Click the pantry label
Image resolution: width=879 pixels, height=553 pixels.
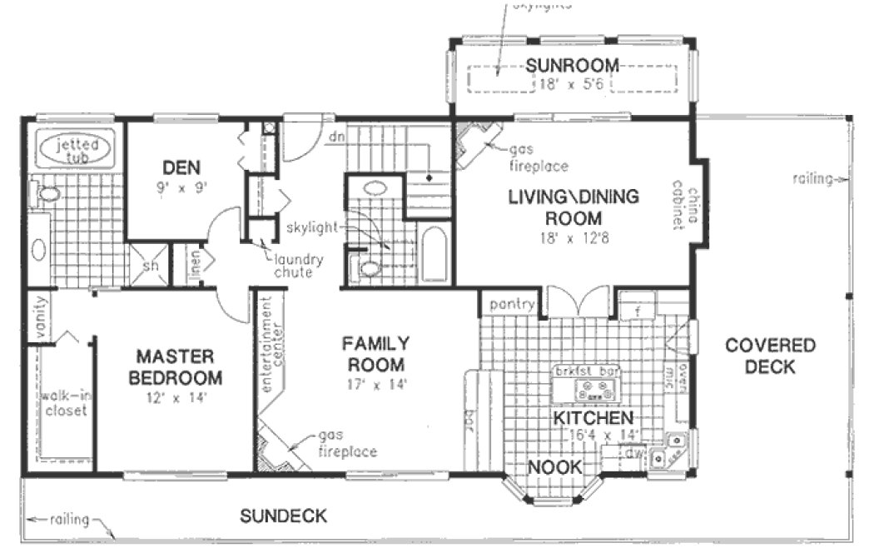(x=511, y=305)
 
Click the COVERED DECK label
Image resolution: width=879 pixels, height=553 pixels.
(x=770, y=356)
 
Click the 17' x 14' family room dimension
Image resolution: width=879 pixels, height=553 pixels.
(x=377, y=385)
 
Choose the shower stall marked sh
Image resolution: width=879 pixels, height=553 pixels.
(x=151, y=264)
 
